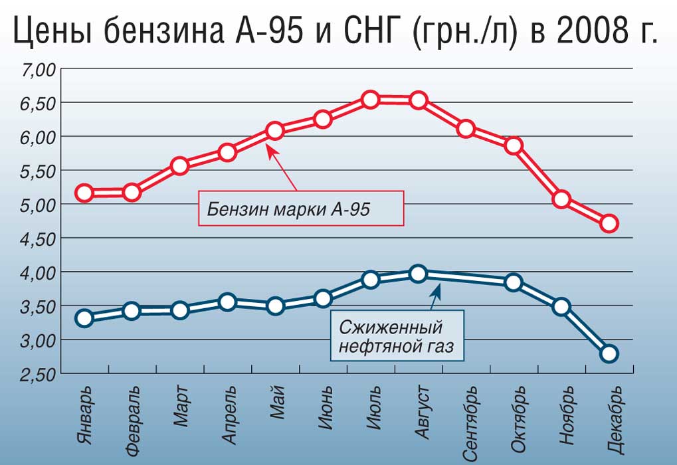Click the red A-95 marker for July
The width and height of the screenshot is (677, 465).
coord(371,100)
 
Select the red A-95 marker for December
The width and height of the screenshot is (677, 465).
coord(609,223)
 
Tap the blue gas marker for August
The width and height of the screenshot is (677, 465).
coord(418,274)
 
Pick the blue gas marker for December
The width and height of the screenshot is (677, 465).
coord(609,353)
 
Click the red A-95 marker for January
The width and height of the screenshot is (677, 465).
coord(84,193)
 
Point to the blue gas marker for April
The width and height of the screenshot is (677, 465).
coord(227,302)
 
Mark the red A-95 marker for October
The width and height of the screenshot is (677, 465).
coord(513,145)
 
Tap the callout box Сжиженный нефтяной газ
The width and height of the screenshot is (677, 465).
coord(397,337)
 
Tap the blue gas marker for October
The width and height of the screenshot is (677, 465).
coord(513,282)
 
